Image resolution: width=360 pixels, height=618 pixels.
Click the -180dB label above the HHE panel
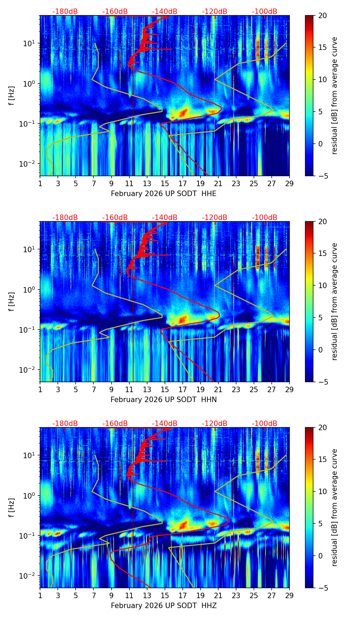pos(65,12)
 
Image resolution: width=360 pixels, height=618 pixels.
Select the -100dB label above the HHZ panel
pos(265,424)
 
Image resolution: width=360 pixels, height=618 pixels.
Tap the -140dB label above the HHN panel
pos(165,218)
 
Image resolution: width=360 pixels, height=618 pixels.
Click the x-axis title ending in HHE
pos(164,194)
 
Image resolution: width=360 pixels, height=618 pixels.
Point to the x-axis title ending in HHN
pos(164,400)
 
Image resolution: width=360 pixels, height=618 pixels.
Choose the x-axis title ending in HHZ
pos(164,606)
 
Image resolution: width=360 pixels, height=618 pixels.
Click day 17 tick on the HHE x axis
pos(183,183)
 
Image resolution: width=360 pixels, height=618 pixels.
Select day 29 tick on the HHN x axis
pos(290,389)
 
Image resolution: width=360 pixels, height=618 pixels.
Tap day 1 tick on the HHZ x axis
pos(40,595)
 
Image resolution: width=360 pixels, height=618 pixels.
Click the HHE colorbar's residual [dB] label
pos(334,95)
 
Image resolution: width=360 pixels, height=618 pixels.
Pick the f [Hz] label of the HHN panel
pos(12,301)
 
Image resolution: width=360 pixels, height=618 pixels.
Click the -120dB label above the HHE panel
pos(215,12)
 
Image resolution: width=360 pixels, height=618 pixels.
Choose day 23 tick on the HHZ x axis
pos(236,595)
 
